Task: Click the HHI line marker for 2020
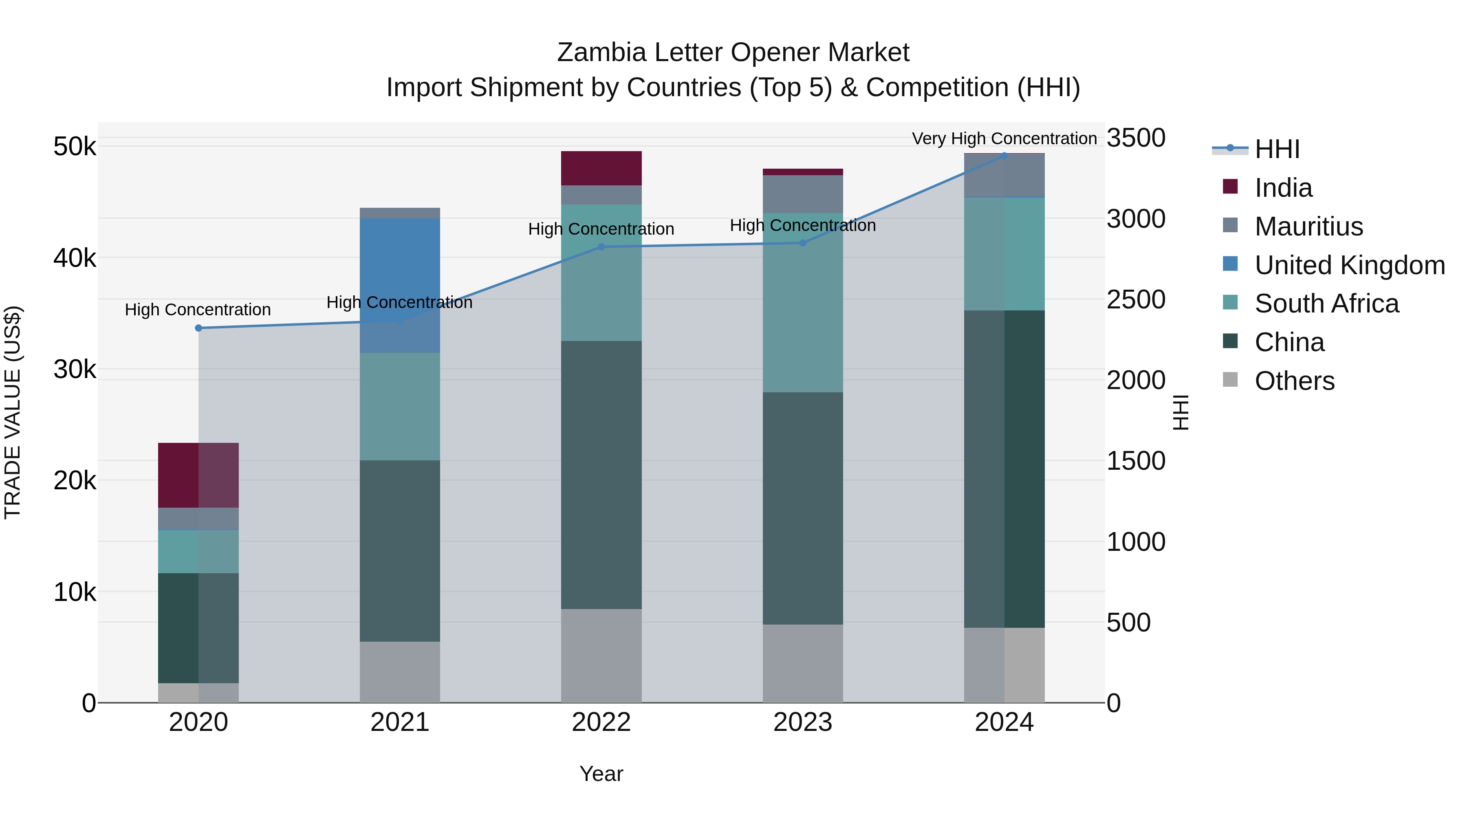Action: pos(198,328)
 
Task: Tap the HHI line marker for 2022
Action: pos(601,246)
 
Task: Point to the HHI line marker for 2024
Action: pos(1004,156)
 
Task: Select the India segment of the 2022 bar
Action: pos(601,168)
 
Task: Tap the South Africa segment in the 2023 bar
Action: pos(803,302)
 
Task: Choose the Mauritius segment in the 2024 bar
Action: pos(1004,175)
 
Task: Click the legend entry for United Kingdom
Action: pos(1349,265)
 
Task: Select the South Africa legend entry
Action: pos(1326,304)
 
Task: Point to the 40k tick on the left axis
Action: pos(75,258)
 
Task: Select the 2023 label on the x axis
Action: pos(803,722)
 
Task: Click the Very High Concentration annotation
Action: pos(1004,139)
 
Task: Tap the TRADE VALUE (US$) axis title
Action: pos(13,412)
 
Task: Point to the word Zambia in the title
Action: pos(601,53)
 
